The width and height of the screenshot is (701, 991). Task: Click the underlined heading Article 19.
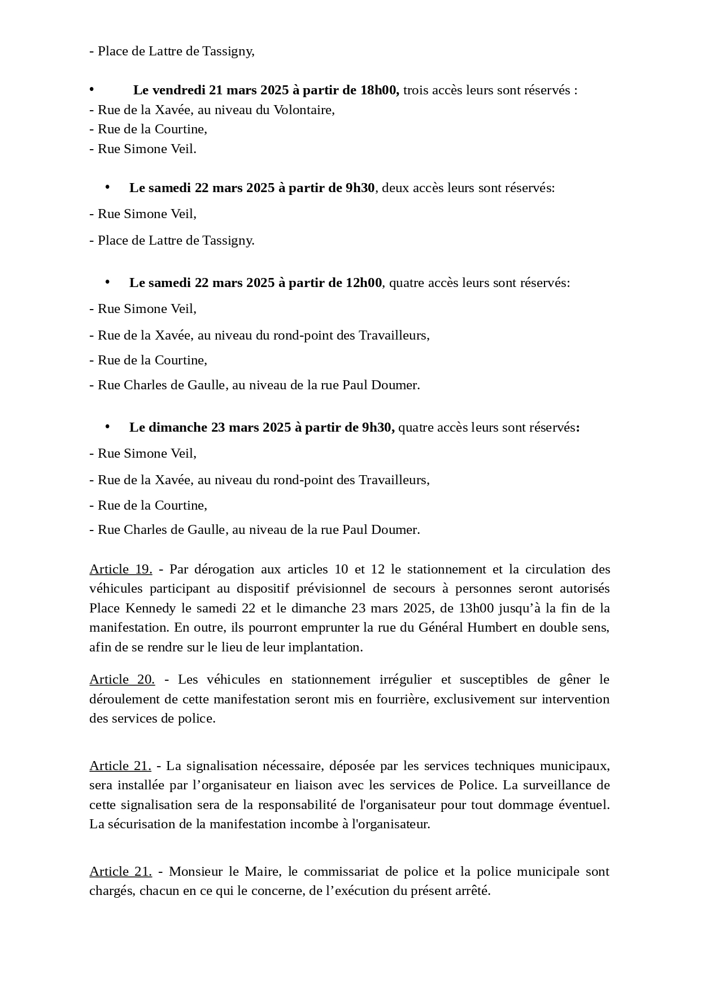click(x=120, y=569)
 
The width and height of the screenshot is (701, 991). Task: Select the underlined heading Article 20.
click(x=121, y=679)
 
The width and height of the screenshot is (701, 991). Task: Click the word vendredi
click(x=178, y=90)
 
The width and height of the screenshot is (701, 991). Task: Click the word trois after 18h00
click(x=415, y=90)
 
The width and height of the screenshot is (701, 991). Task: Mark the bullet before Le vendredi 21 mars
click(x=92, y=89)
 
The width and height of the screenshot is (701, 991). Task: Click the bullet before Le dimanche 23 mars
click(x=107, y=427)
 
